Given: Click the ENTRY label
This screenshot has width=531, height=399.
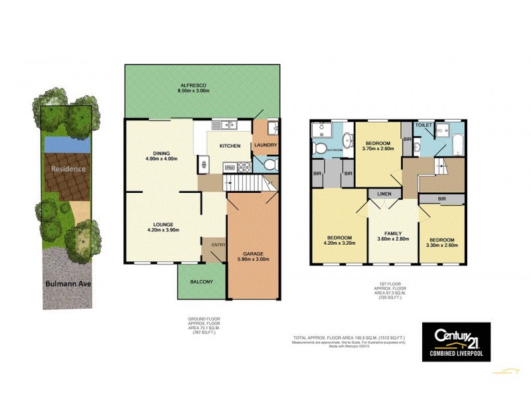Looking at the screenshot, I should [x=218, y=245].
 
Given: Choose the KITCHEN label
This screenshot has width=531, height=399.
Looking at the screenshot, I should [x=230, y=146].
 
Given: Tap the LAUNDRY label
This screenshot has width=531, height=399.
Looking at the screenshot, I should [x=265, y=146].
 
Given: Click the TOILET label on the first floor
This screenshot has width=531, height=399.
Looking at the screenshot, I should [x=424, y=125].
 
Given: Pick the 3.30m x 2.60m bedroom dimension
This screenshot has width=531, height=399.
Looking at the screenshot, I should [x=441, y=245].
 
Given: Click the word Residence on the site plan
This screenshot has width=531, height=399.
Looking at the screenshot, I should [x=68, y=168].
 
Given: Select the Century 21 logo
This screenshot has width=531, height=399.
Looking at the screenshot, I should [x=457, y=340].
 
